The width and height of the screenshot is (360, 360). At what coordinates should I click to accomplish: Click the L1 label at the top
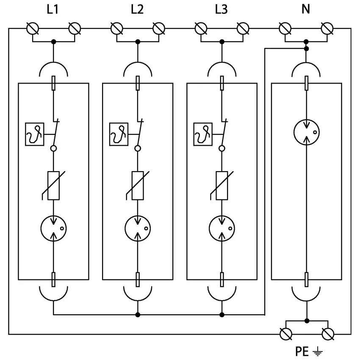(x=53, y=9)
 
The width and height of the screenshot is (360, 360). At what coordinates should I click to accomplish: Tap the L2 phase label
(x=137, y=9)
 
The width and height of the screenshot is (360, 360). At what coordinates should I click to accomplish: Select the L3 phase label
(x=221, y=9)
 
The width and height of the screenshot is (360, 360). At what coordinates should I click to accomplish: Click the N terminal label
(x=306, y=9)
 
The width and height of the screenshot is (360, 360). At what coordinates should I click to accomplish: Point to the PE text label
(x=302, y=351)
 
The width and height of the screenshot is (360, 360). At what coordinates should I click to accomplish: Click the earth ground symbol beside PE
(x=317, y=351)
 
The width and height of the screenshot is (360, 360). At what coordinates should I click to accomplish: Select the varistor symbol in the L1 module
(x=53, y=185)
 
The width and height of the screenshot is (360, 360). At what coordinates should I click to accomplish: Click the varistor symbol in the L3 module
(x=222, y=185)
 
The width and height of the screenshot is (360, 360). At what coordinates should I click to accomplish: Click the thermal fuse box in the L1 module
(x=34, y=135)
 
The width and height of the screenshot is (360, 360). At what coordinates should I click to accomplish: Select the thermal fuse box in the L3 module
(x=202, y=135)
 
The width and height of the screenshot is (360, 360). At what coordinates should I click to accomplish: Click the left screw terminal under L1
(x=33, y=29)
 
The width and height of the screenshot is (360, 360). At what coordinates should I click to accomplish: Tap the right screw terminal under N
(x=327, y=29)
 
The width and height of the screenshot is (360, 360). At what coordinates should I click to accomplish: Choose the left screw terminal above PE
(x=286, y=334)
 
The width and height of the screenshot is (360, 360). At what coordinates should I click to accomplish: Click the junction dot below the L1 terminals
(x=53, y=42)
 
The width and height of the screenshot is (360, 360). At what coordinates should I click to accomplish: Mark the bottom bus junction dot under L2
(x=138, y=315)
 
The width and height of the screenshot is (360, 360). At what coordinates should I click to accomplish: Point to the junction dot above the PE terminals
(x=307, y=321)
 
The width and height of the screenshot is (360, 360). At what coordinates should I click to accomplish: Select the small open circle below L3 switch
(x=222, y=148)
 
